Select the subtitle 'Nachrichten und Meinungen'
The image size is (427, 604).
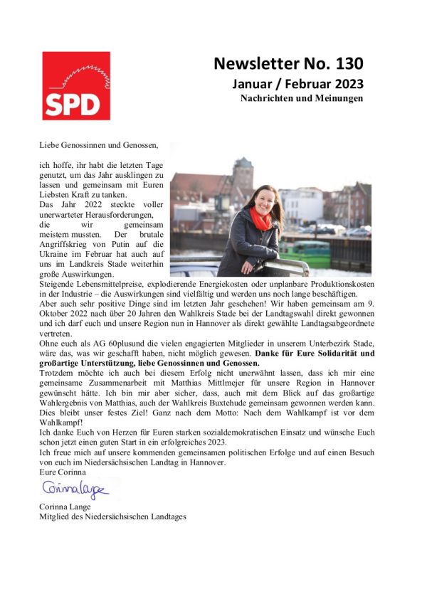(302, 99)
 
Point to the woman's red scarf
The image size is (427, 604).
(260, 218)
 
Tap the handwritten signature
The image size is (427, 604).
(75, 489)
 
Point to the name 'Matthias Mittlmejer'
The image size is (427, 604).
(205, 383)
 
